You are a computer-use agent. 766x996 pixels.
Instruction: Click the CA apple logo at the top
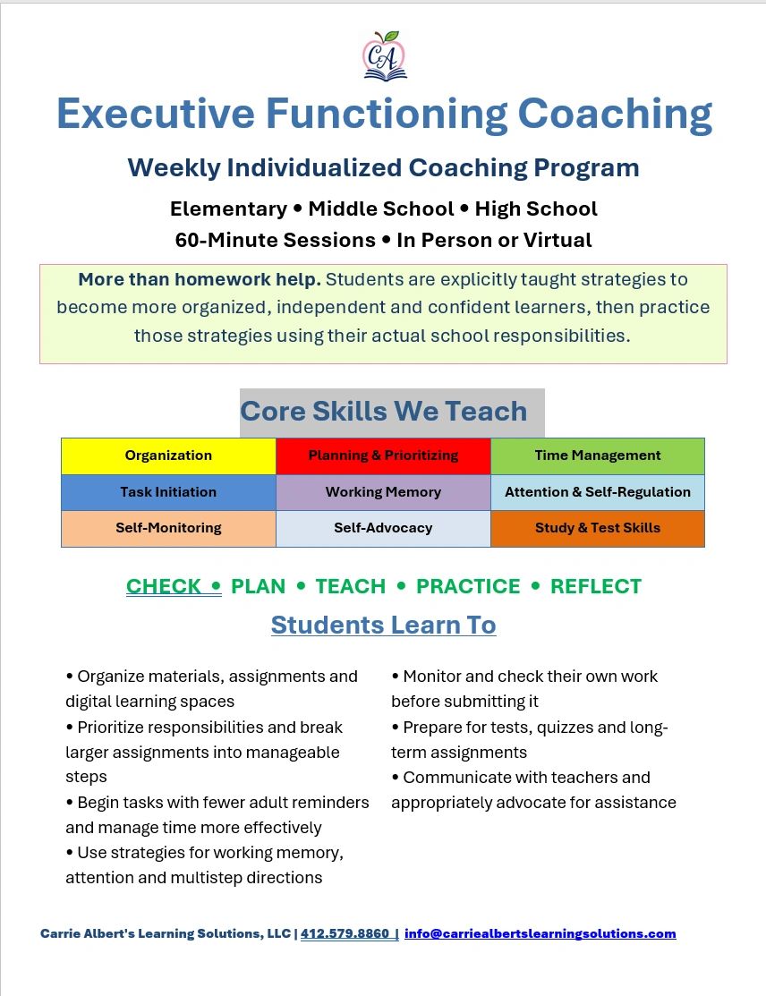(x=384, y=55)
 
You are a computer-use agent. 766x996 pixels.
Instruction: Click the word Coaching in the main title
(x=615, y=115)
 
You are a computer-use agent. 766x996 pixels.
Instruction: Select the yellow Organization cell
(x=168, y=455)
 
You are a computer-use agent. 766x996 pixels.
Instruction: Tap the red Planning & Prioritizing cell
(x=383, y=455)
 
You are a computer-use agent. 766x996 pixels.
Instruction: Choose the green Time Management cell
(x=598, y=455)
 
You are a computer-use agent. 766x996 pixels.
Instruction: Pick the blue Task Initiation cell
(x=168, y=492)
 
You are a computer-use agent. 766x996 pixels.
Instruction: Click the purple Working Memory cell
(x=383, y=492)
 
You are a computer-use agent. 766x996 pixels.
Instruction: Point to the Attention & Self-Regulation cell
(x=598, y=492)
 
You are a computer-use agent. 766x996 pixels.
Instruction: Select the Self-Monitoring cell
(x=168, y=529)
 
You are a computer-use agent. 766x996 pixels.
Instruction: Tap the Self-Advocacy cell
(x=383, y=529)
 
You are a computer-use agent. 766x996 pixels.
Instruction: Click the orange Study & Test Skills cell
(x=598, y=529)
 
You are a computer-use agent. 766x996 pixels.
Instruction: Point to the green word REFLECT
(x=596, y=586)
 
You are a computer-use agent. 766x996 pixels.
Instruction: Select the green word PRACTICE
(x=468, y=586)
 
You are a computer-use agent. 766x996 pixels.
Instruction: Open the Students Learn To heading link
(x=383, y=625)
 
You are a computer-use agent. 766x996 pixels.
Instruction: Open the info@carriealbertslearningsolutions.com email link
(x=540, y=933)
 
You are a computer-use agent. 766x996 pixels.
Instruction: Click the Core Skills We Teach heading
(x=383, y=412)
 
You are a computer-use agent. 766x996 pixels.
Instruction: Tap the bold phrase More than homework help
(x=200, y=279)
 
